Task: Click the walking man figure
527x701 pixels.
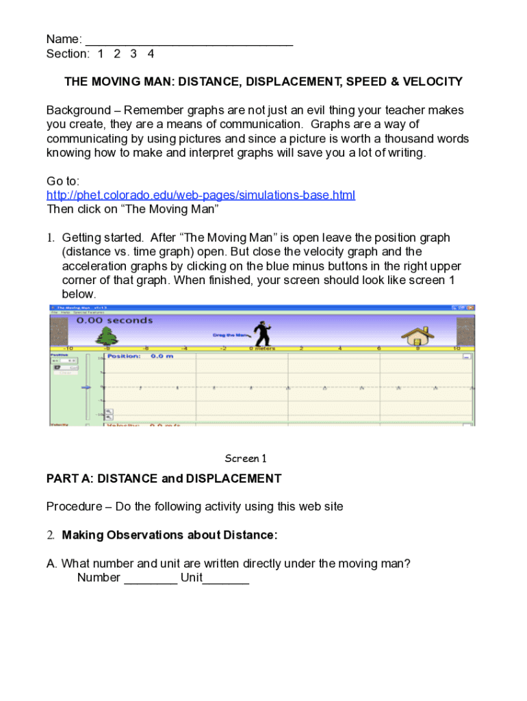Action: pos(261,333)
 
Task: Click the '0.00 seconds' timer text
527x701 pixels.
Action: pos(114,320)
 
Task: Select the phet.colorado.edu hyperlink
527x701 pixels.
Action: pos(201,195)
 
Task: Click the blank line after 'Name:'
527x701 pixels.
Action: pos(190,40)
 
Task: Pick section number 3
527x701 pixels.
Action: pos(133,53)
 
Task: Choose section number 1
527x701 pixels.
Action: pos(101,53)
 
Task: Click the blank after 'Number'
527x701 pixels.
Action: pos(151,578)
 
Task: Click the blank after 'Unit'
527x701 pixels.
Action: pos(226,578)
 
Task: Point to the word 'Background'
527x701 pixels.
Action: pos(78,110)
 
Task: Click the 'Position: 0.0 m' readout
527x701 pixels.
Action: pos(140,356)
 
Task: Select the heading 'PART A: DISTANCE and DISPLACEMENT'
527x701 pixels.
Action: pos(164,479)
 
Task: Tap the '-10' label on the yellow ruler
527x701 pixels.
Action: pos(68,348)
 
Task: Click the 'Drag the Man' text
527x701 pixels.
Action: pos(228,335)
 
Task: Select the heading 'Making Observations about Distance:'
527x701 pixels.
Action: pos(170,535)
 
